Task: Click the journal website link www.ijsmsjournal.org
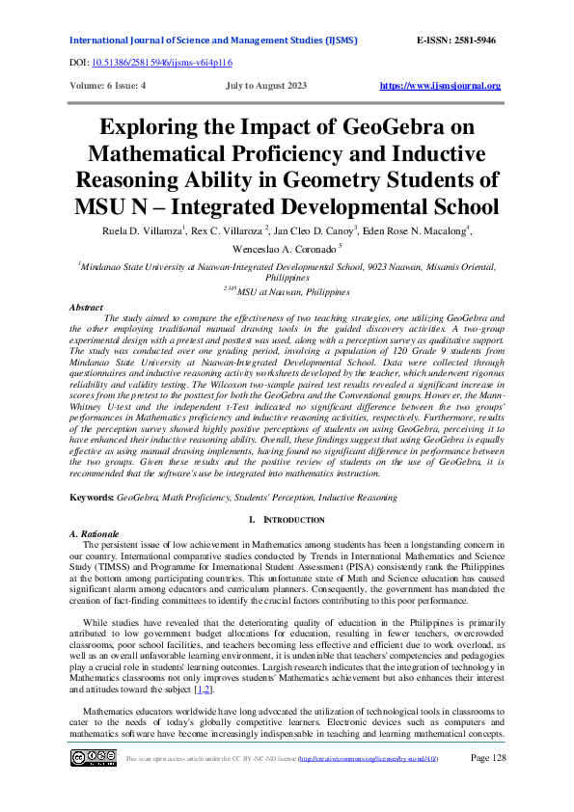coord(440,86)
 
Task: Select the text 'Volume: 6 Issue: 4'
coord(108,86)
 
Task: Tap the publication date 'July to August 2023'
coord(265,86)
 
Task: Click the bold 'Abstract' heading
coord(87,307)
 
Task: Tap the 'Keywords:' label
coord(92,498)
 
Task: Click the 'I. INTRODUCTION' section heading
coord(287,520)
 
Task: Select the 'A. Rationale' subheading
coord(95,533)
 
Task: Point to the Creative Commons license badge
coord(93,785)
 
